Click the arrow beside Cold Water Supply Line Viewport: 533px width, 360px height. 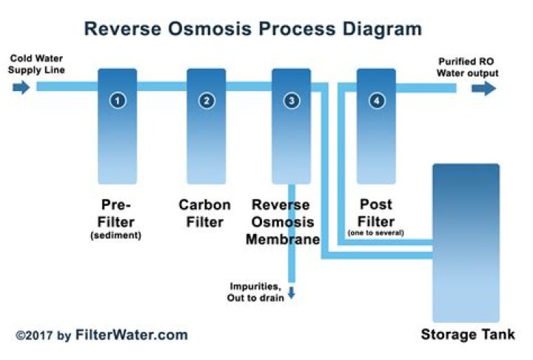click(x=21, y=88)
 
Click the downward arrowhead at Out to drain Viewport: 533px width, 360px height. click(x=292, y=293)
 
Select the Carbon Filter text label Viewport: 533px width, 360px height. click(x=205, y=213)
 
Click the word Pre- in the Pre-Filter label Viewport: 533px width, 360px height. click(x=117, y=204)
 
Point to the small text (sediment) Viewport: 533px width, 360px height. click(x=117, y=236)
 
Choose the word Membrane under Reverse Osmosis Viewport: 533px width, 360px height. click(x=285, y=239)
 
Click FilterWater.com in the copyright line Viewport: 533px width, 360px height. click(x=131, y=335)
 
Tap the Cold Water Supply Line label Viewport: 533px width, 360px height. click(x=37, y=64)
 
